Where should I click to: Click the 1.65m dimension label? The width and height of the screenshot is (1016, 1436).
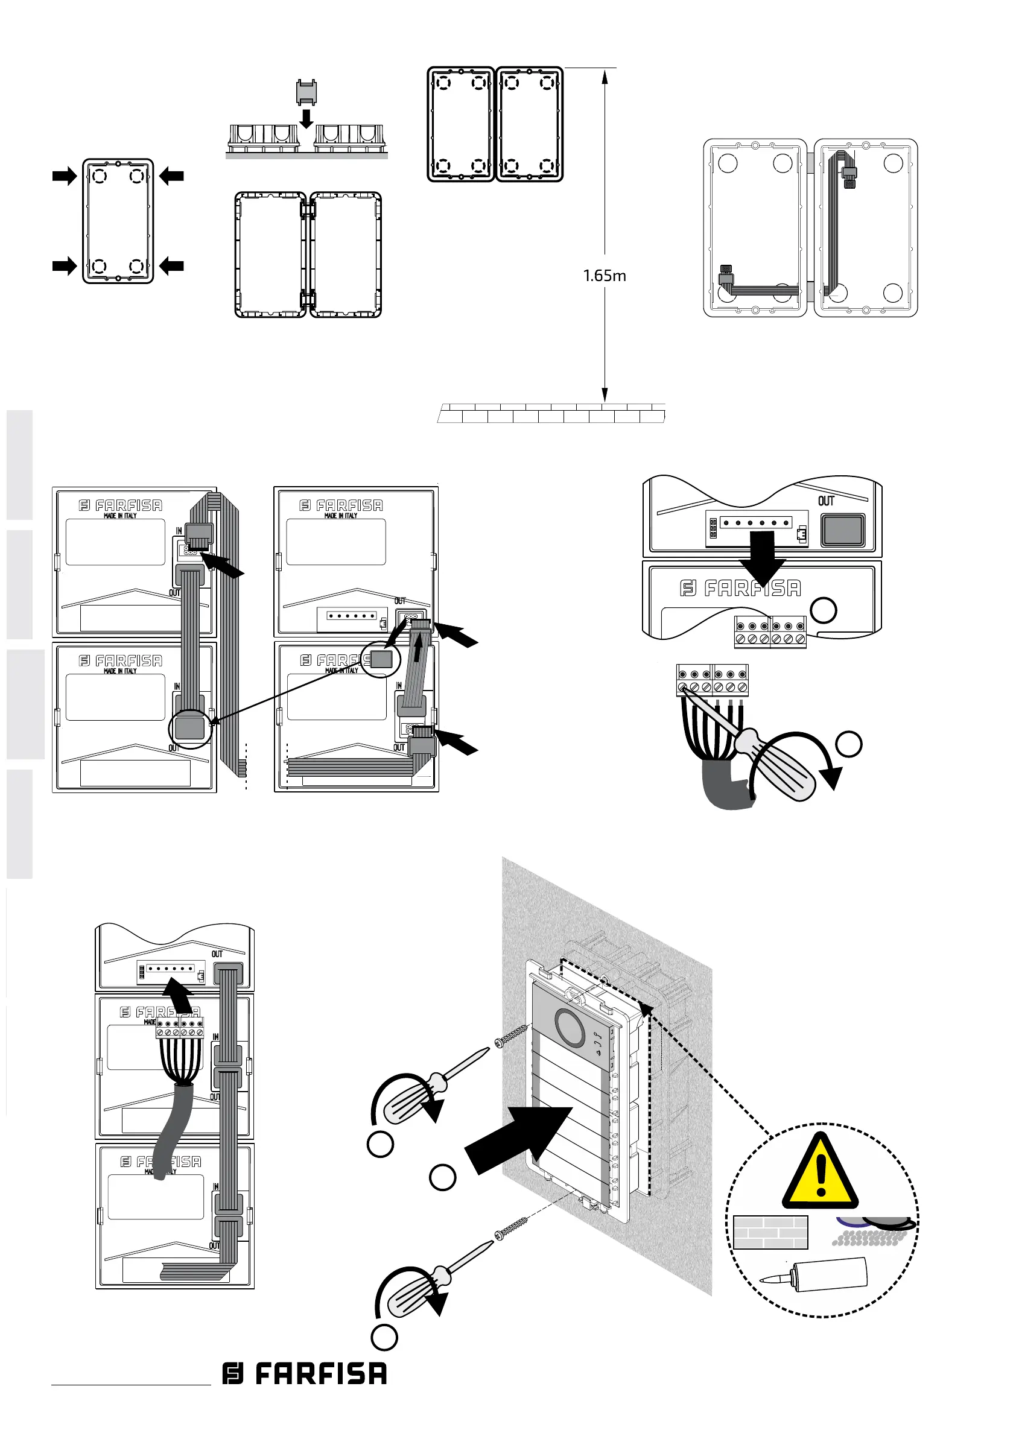pos(605,276)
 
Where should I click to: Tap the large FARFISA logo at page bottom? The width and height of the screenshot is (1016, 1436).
pos(305,1373)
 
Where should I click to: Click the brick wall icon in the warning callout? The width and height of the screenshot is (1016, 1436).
pos(770,1232)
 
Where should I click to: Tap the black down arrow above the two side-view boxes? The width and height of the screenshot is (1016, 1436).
pos(306,118)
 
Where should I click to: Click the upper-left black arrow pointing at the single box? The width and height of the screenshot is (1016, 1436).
pos(65,176)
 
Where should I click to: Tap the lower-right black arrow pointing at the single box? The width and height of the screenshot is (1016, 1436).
pos(171,266)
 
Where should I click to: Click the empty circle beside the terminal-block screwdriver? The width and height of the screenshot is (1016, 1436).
pos(849,744)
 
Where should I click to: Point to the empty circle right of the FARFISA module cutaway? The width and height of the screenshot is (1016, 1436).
pos(824,610)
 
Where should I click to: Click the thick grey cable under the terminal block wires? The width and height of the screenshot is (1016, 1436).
pos(726,785)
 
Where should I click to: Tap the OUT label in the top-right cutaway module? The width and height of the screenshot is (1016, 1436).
pos(826,501)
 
